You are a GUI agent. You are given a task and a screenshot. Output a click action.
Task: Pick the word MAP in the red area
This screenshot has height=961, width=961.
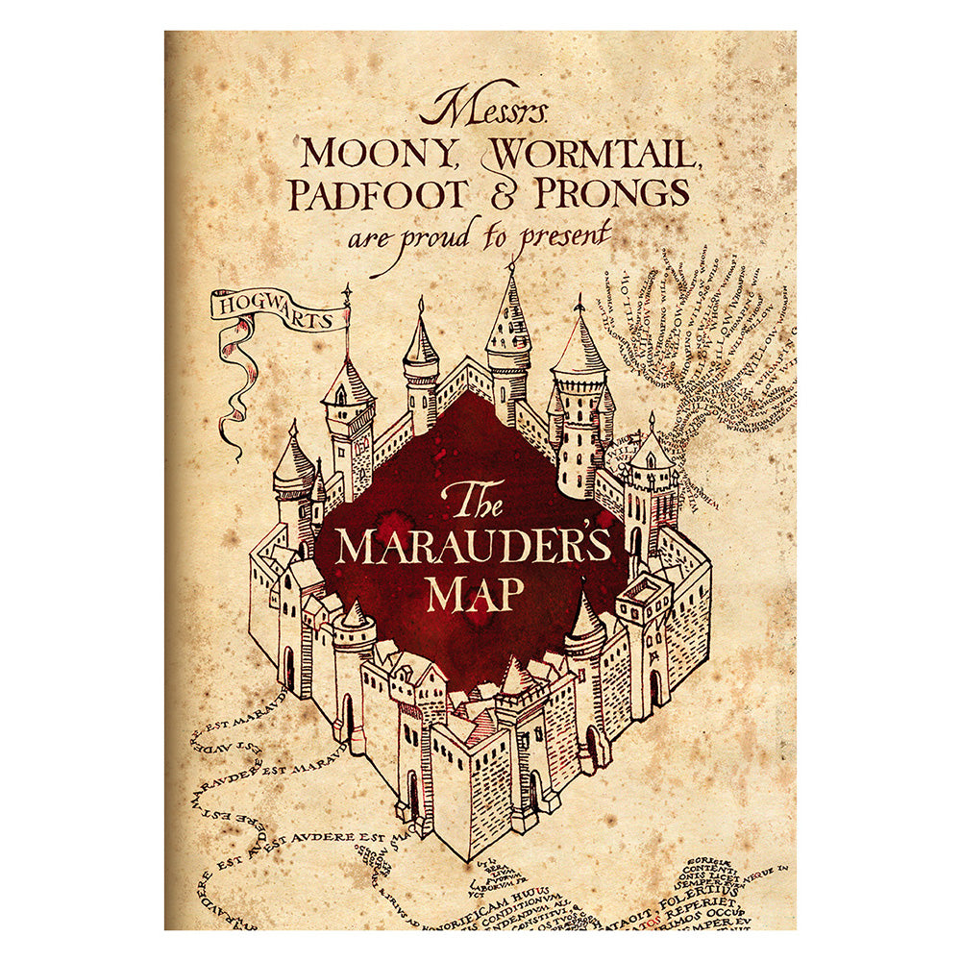(x=476, y=594)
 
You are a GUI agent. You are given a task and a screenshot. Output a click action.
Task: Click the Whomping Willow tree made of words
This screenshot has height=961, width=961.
(x=702, y=356)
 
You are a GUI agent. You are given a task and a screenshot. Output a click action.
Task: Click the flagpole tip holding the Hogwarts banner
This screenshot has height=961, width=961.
(x=346, y=290)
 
